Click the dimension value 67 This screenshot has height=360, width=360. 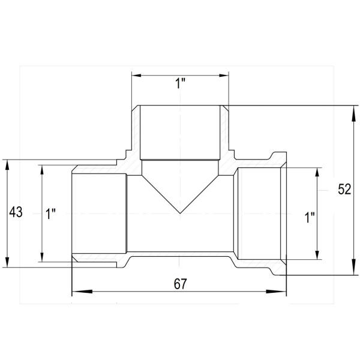coord(181,284)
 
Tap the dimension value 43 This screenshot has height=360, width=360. coord(16,212)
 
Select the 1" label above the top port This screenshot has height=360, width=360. coord(180,83)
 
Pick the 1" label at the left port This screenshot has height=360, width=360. coord(50,214)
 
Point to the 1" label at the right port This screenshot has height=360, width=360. coord(310,217)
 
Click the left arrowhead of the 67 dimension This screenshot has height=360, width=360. coord(82,292)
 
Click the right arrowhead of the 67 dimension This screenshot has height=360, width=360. coord(276,292)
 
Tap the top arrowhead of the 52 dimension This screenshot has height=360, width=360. coord(353,115)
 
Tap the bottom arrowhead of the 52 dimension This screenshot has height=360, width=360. coord(353,265)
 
